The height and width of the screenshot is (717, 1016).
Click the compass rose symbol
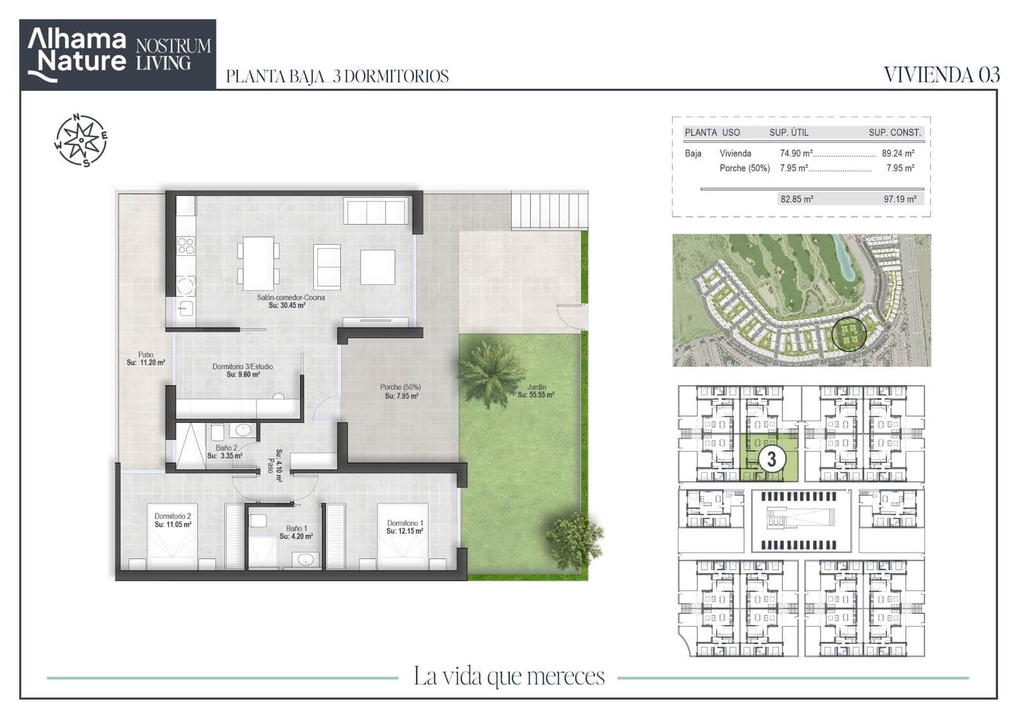81,140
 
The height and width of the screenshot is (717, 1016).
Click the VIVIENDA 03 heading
941,76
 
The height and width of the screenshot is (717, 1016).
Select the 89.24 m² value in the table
898,154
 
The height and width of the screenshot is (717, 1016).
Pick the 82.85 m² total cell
796,199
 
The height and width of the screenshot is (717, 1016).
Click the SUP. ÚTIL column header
789,133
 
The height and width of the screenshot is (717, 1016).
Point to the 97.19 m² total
900,199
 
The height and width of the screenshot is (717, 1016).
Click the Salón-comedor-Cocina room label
291,298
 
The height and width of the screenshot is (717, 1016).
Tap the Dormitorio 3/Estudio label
243,367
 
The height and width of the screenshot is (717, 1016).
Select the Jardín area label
537,387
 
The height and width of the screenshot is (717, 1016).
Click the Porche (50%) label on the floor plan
401,387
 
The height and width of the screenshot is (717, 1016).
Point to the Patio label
146,355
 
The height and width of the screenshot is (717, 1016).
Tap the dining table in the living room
258,263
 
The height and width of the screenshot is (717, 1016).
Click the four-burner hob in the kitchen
186,246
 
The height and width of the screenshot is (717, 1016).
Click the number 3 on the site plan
772,459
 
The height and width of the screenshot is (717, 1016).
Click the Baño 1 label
297,529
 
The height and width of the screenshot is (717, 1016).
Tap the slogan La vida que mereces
509,676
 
